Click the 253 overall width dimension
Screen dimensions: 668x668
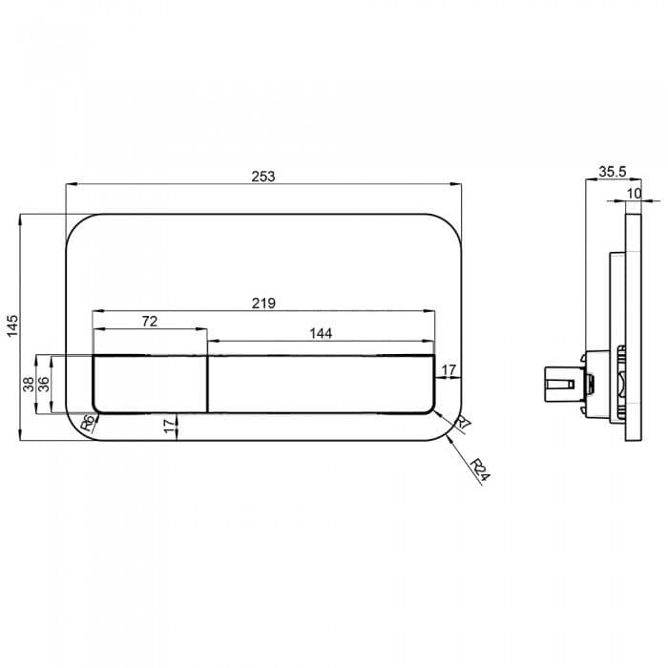coord(262,176)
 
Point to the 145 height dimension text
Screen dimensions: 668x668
coord(12,326)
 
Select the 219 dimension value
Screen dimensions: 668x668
coord(263,303)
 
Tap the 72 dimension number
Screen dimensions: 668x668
coord(149,322)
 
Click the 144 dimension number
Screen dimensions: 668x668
coord(321,334)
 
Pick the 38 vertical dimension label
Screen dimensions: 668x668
coord(29,384)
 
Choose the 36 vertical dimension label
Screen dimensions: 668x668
coord(43,384)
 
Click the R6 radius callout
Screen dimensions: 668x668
coord(87,423)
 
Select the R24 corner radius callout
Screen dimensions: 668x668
coord(480,470)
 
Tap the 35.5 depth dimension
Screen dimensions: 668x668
coord(612,172)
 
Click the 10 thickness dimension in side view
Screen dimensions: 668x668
coord(635,193)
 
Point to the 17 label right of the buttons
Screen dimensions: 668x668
coord(449,368)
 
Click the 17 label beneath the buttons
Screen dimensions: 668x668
coord(170,425)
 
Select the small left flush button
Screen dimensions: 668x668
coord(149,383)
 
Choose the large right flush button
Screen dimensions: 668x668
coord(321,383)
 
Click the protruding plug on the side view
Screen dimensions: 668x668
coord(557,386)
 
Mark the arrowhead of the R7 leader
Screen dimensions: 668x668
coord(435,412)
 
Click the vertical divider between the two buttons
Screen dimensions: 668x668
coord(207,383)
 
